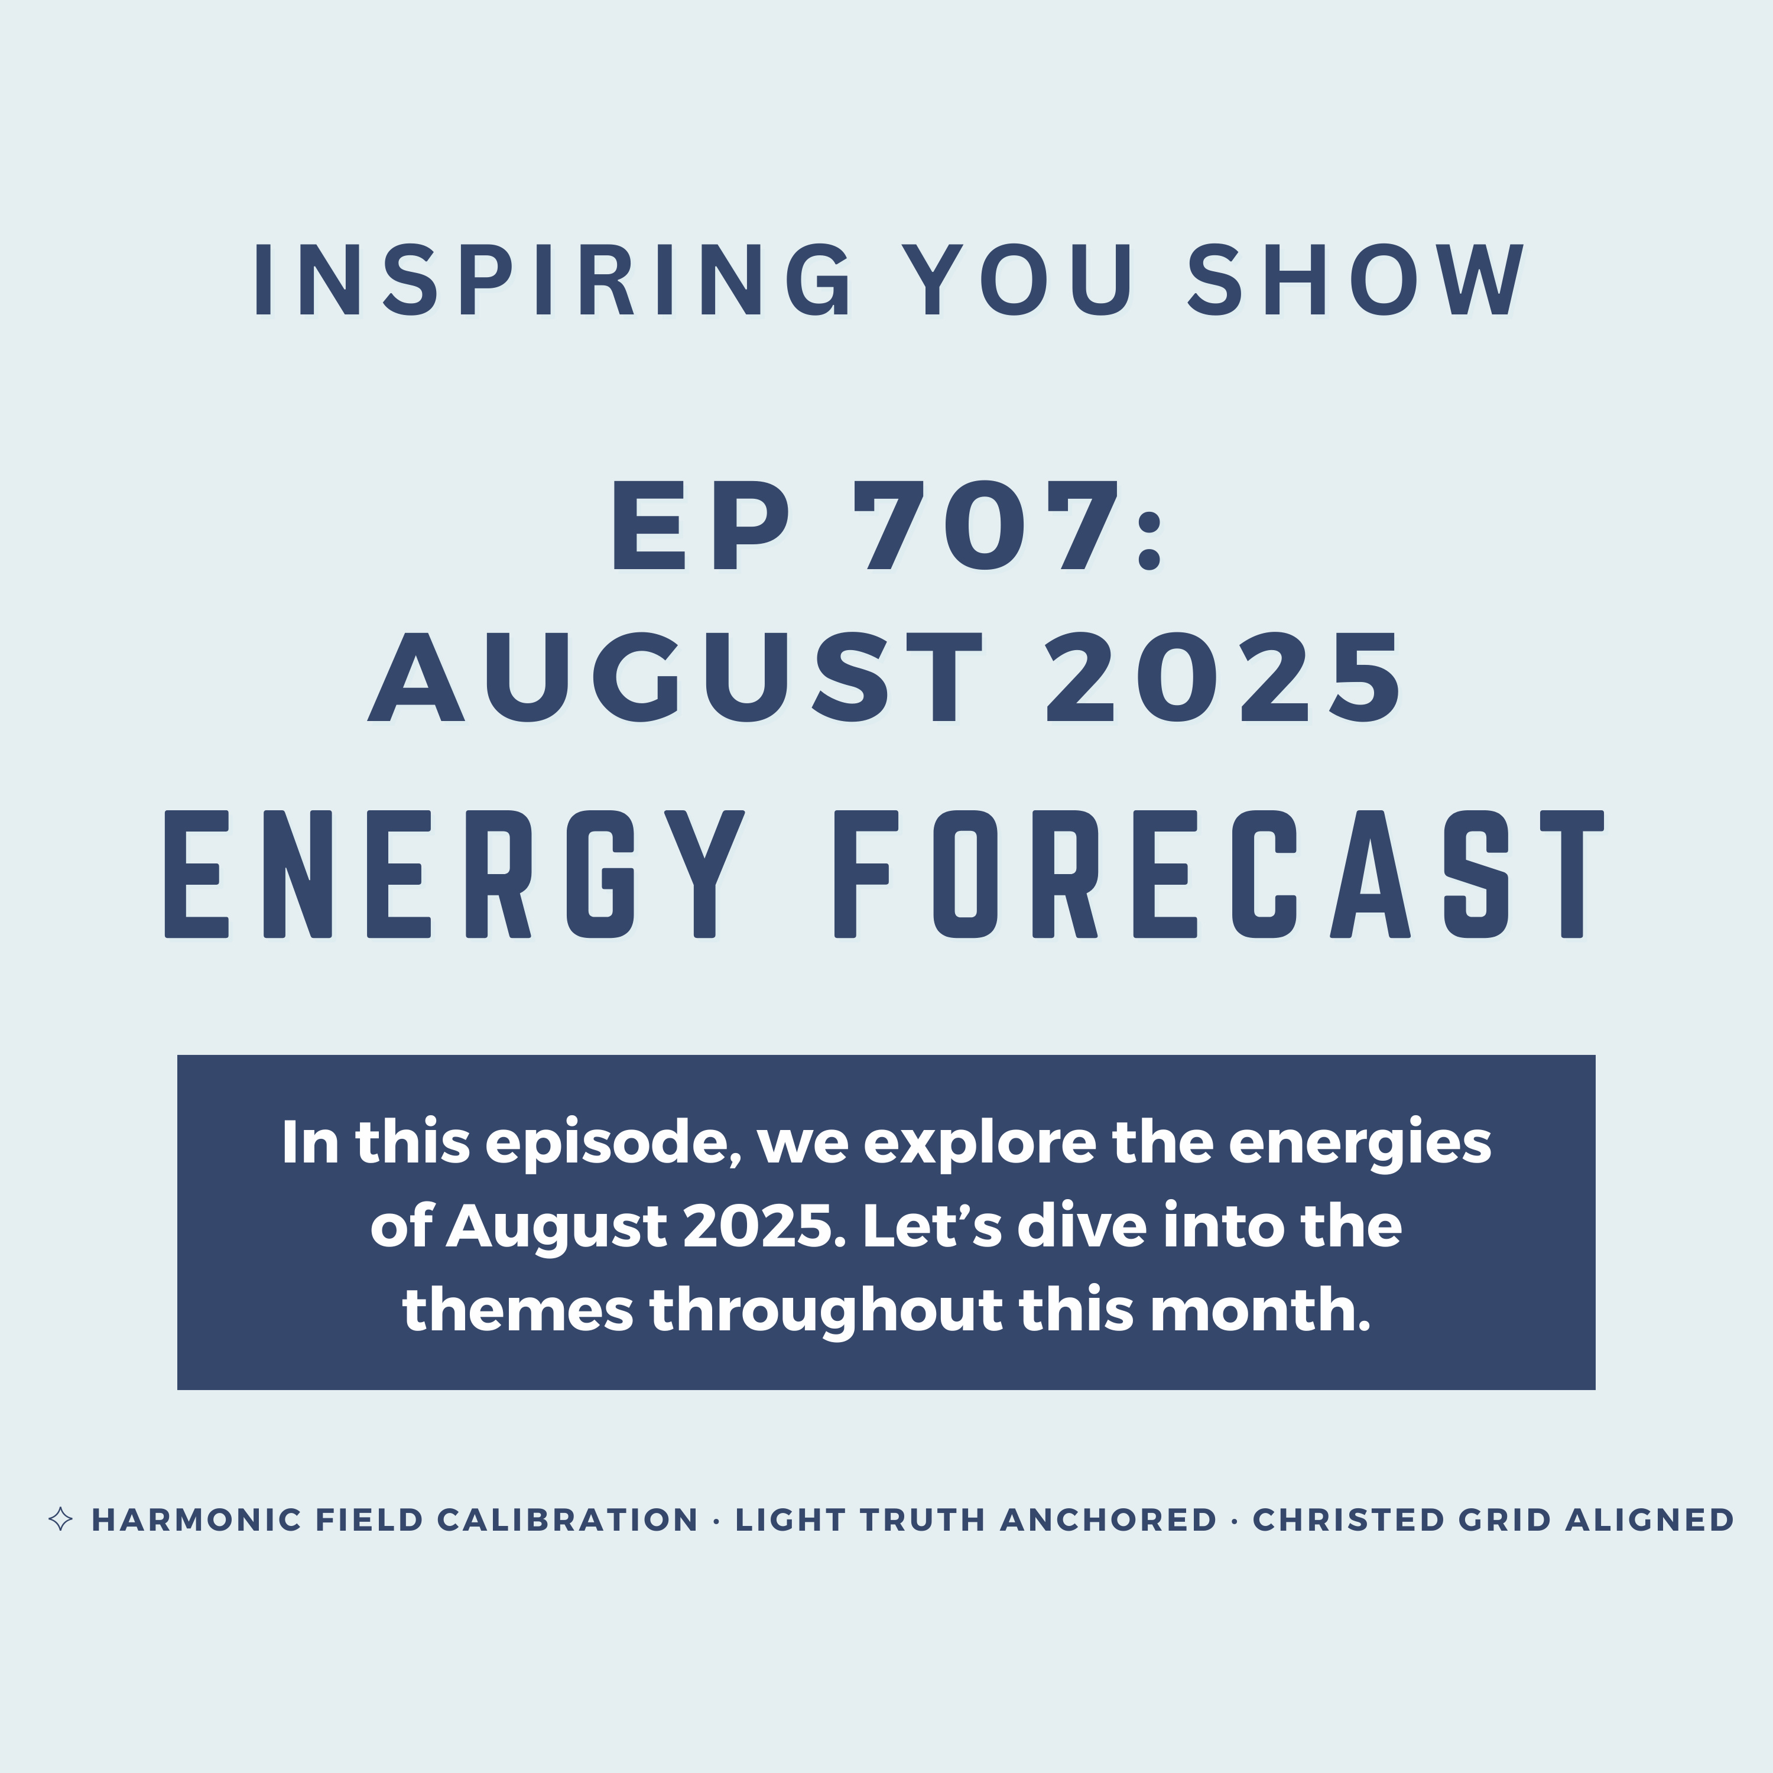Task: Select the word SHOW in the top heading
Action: coord(1356,280)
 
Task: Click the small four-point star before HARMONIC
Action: coord(60,1519)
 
